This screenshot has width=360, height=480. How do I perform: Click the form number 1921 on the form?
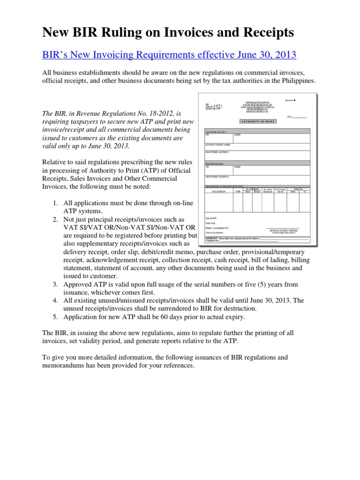(x=218, y=106)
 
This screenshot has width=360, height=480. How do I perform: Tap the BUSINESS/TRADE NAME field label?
(x=218, y=144)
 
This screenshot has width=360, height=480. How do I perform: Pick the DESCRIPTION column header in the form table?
(x=218, y=191)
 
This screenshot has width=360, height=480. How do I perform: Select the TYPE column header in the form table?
(x=238, y=191)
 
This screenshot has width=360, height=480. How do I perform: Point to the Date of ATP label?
(x=211, y=218)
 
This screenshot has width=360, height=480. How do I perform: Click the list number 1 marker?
(x=55, y=202)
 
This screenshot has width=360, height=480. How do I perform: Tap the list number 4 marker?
(x=55, y=300)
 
